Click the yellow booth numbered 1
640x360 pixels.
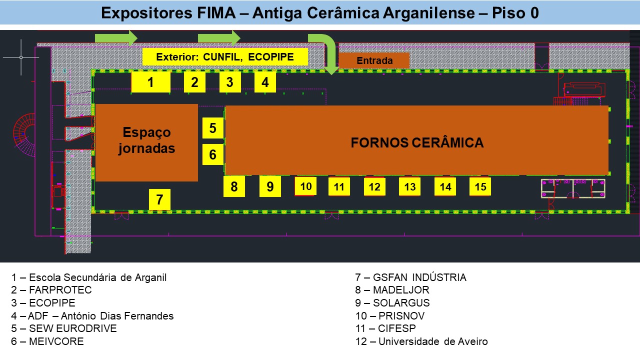click(x=150, y=82)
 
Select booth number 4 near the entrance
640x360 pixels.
click(x=265, y=82)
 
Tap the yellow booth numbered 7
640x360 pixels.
click(x=159, y=199)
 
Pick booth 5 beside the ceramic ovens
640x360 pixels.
click(x=213, y=128)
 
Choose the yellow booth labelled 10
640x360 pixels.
click(x=306, y=186)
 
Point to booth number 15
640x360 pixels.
click(x=480, y=186)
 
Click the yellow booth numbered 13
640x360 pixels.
click(x=409, y=187)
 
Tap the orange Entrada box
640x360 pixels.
click(x=374, y=60)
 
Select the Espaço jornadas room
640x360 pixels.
click(x=146, y=142)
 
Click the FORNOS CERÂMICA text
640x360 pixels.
click(x=417, y=143)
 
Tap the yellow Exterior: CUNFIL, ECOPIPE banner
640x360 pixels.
click(x=224, y=57)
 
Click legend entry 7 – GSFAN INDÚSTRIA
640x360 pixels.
click(x=410, y=277)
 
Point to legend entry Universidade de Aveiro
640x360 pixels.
click(x=421, y=342)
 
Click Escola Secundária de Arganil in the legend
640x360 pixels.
click(x=89, y=277)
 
